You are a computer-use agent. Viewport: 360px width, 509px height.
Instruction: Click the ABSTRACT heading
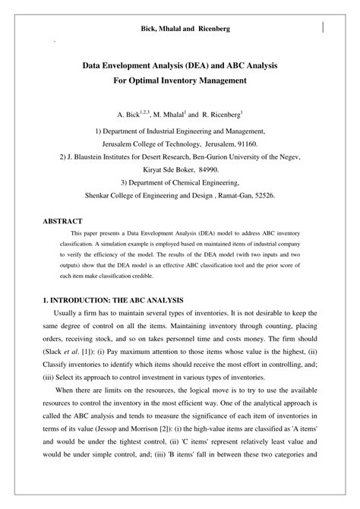click(x=62, y=221)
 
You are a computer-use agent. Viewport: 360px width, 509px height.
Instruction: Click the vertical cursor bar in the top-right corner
click(x=324, y=28)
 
